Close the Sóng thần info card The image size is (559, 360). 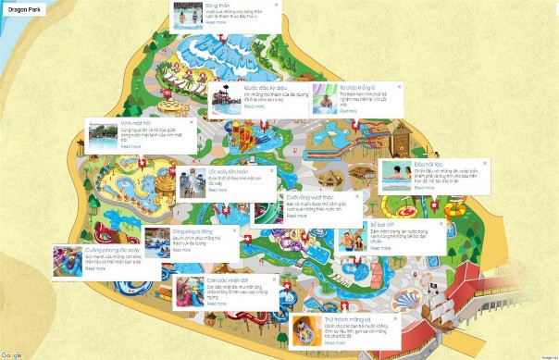pos(275,6)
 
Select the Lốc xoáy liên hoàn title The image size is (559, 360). pos(228,172)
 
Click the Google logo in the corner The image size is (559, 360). pos(11,355)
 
